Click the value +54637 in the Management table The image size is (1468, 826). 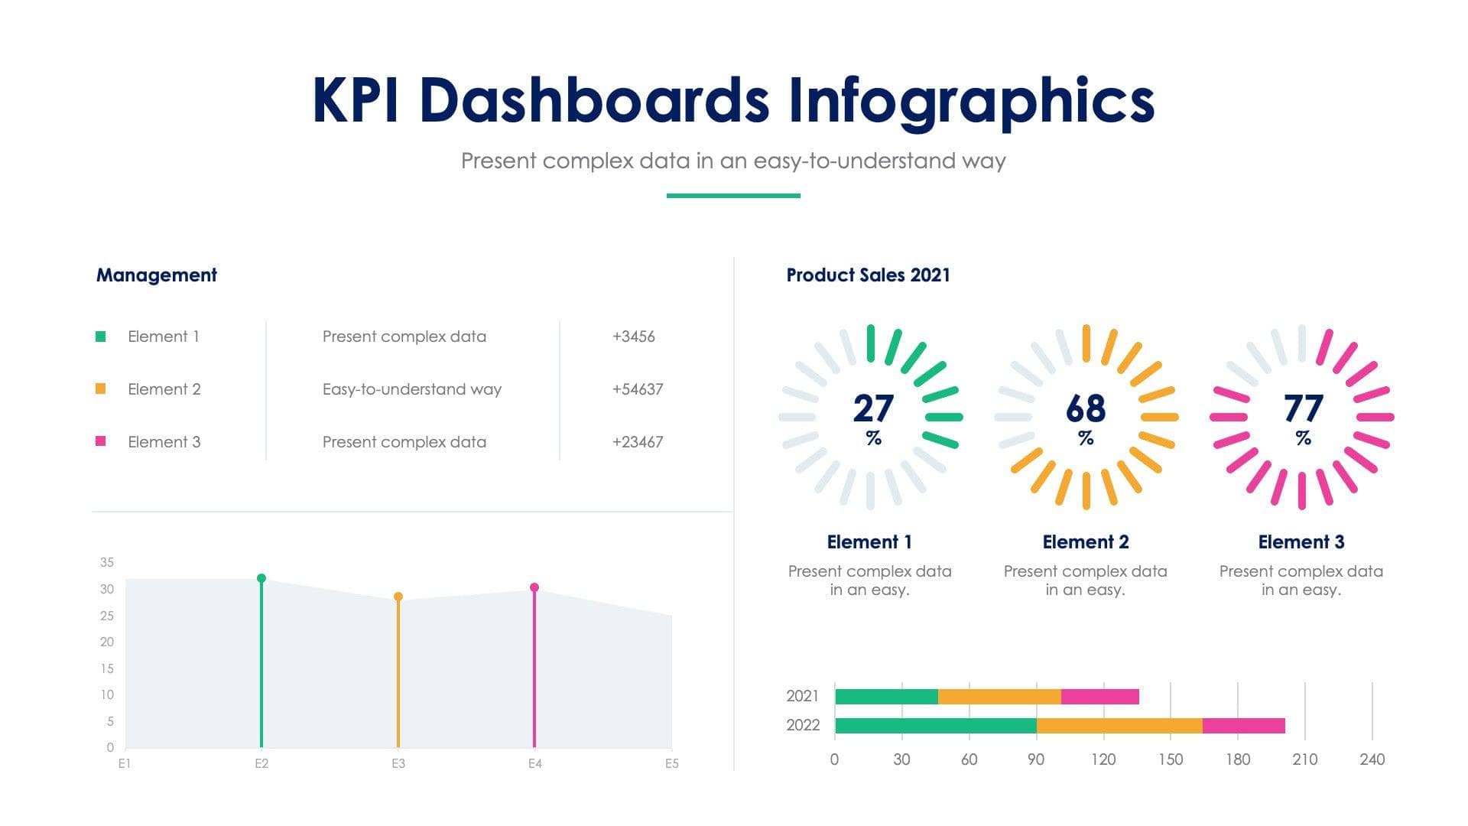click(x=637, y=389)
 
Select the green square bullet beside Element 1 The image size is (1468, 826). click(x=100, y=337)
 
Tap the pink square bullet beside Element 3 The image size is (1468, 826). click(x=100, y=441)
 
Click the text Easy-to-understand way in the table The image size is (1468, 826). click(x=411, y=389)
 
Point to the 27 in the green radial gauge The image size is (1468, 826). click(x=872, y=408)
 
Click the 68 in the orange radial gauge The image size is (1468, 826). click(x=1085, y=408)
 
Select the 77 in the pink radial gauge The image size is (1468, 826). click(x=1303, y=408)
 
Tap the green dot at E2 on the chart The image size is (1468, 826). click(x=261, y=578)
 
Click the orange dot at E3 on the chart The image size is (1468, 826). click(x=398, y=597)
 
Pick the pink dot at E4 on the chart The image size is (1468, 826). click(x=534, y=587)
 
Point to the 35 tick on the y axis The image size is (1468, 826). click(x=107, y=562)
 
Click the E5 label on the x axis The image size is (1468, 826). click(x=671, y=763)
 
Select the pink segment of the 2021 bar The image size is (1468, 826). click(x=1099, y=697)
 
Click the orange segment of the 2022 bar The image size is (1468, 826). click(x=1119, y=726)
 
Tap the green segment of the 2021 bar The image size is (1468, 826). click(x=886, y=697)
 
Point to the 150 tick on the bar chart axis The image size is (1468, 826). click(x=1170, y=759)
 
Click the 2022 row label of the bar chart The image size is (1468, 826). click(x=802, y=725)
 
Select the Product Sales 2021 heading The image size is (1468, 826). click(x=868, y=275)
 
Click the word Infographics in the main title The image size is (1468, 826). click(x=971, y=101)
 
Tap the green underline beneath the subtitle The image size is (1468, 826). click(x=733, y=196)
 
